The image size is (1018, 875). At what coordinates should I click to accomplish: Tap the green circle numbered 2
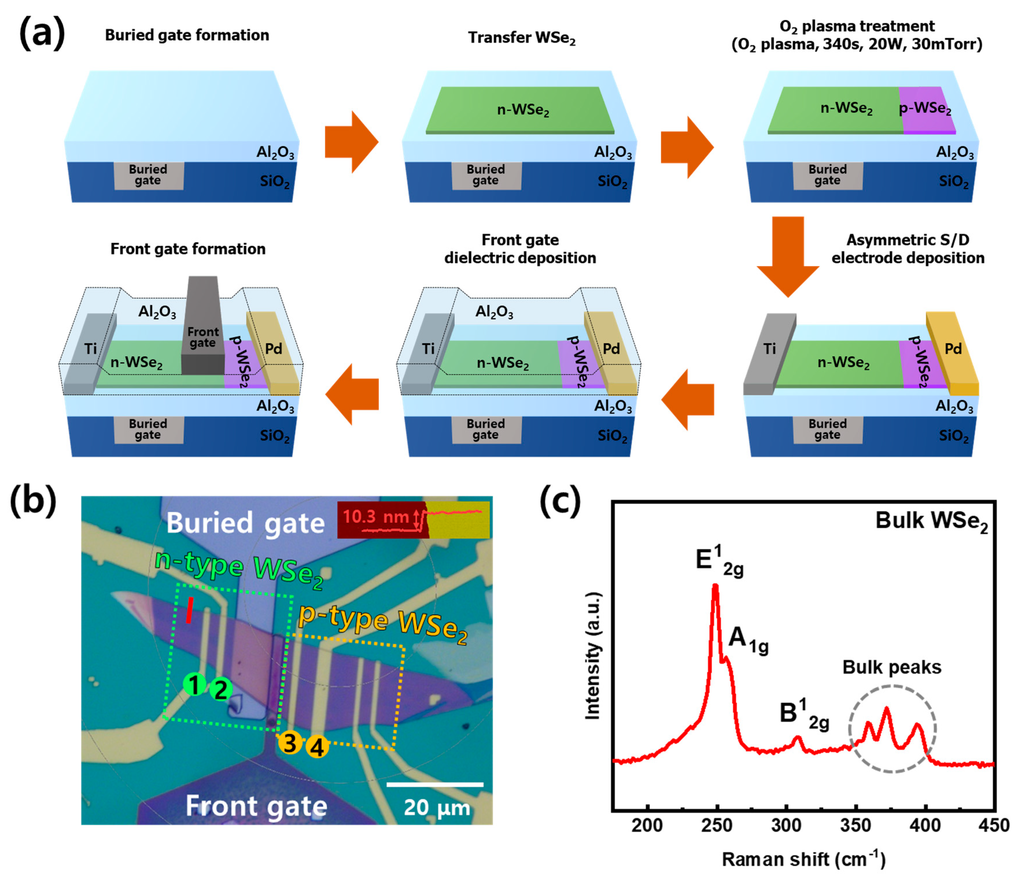click(x=221, y=690)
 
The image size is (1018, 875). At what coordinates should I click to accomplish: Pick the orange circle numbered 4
click(x=317, y=747)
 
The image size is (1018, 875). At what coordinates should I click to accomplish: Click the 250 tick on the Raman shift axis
click(x=717, y=824)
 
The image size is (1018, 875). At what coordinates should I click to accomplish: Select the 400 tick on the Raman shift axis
click(x=925, y=824)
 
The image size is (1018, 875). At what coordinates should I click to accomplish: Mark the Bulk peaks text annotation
click(x=892, y=667)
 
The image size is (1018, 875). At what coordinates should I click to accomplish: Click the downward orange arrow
click(x=788, y=255)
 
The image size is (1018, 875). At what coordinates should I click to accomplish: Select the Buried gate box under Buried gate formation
click(x=148, y=175)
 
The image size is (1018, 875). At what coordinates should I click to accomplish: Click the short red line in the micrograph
click(x=189, y=610)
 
